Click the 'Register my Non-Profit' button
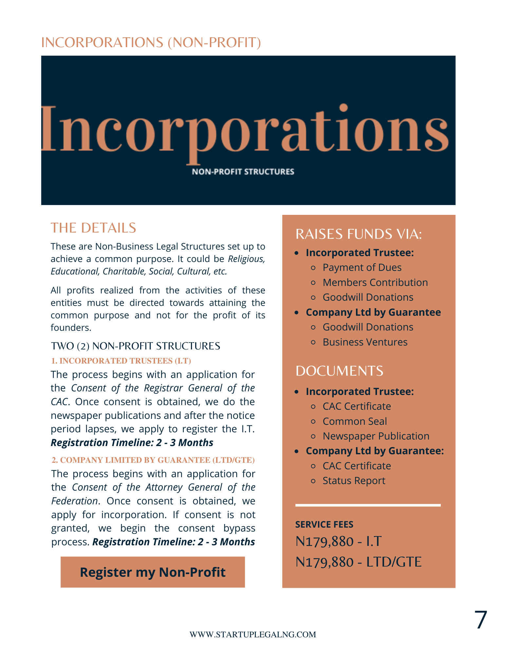[153, 572]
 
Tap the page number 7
[480, 620]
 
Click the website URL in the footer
[253, 634]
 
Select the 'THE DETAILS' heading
[93, 228]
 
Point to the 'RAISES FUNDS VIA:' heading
[359, 234]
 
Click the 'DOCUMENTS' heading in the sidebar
[339, 371]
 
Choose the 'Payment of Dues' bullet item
[362, 268]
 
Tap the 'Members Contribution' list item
[375, 282]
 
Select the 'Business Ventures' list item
[365, 342]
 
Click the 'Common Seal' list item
[355, 421]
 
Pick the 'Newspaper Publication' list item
[376, 436]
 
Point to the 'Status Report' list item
[354, 480]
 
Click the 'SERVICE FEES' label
[324, 524]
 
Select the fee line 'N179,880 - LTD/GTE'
[358, 562]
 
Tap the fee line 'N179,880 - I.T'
[338, 542]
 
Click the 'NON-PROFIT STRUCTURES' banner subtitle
[243, 172]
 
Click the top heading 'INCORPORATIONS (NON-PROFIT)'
[151, 43]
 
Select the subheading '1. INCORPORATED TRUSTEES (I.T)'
[121, 361]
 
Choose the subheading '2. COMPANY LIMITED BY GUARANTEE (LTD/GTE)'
[153, 460]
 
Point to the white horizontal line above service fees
[368, 505]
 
